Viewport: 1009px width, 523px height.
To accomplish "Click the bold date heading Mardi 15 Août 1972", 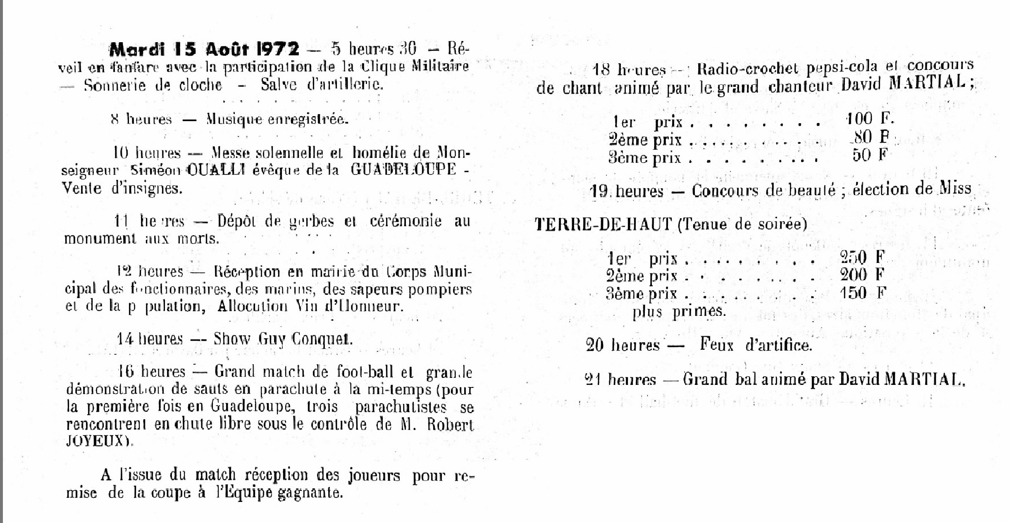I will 204,50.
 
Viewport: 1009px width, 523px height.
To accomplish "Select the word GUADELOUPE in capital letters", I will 403,170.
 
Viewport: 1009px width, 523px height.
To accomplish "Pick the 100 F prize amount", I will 870,119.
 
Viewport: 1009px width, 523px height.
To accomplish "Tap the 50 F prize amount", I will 870,155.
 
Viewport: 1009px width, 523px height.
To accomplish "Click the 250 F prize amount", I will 862,258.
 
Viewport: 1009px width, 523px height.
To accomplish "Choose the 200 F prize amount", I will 862,275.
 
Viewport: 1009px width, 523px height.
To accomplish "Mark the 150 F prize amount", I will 862,293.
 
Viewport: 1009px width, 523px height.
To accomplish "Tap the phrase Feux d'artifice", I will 756,345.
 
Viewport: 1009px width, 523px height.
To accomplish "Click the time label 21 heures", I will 620,380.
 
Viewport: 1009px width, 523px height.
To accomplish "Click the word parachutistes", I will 401,407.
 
